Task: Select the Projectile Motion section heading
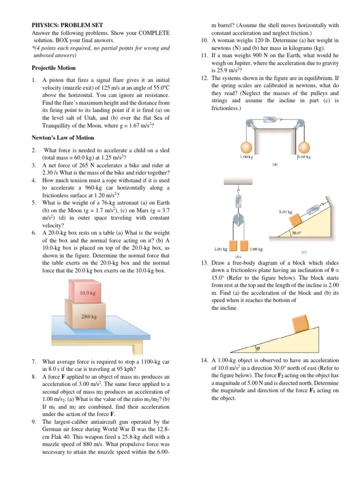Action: [53, 67]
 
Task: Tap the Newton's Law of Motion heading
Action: [62, 138]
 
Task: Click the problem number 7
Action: [34, 362]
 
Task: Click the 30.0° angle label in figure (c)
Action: [296, 232]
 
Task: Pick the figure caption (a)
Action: [275, 165]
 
